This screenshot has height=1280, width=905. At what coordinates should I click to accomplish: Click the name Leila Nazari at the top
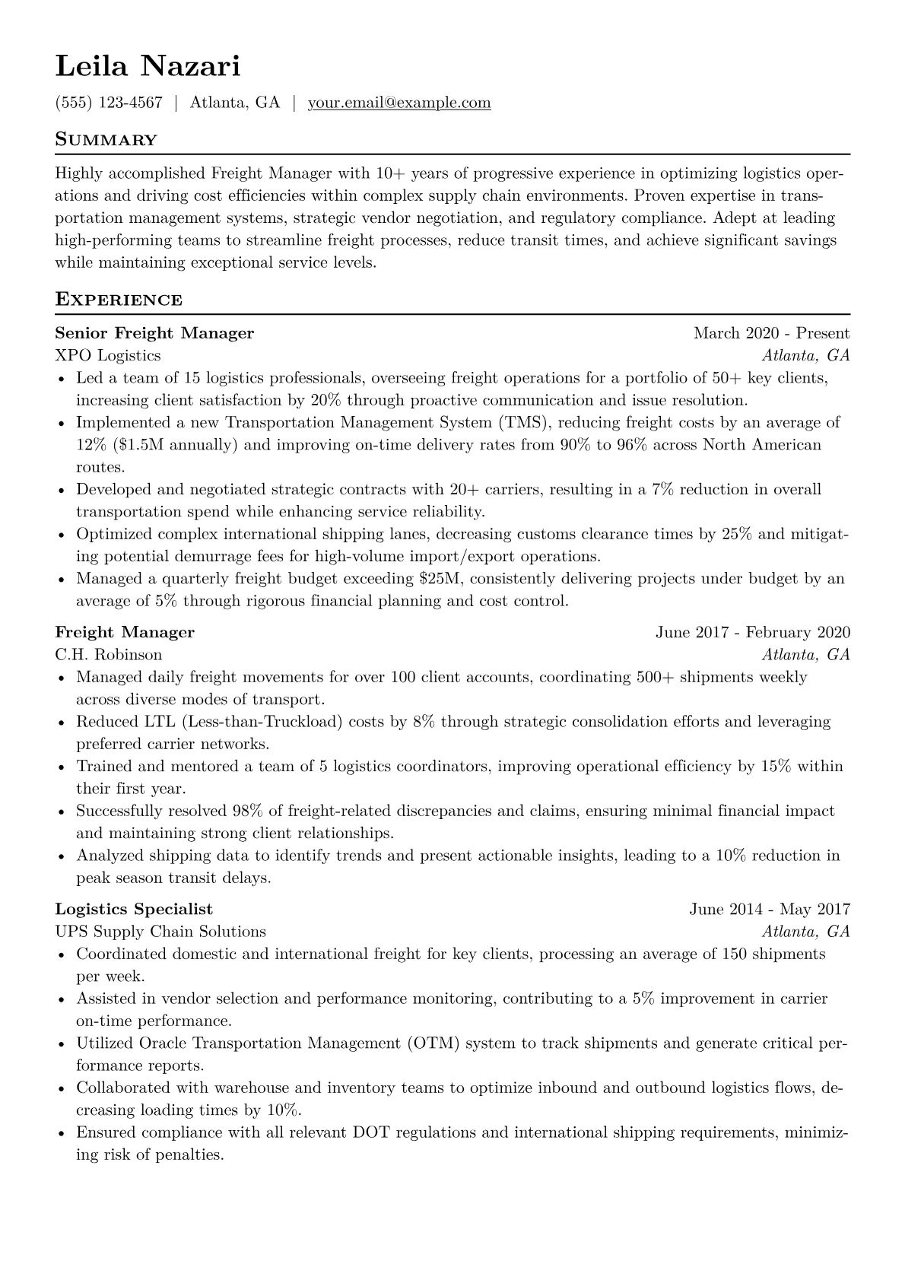coord(148,67)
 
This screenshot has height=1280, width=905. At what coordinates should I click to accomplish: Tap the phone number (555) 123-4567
coord(109,103)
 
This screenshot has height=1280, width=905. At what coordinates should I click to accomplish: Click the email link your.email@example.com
coord(399,103)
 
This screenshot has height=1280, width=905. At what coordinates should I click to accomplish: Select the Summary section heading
coord(106,140)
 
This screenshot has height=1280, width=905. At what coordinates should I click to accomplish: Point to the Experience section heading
coord(119,300)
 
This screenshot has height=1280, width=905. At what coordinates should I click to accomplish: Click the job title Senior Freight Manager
coord(154,333)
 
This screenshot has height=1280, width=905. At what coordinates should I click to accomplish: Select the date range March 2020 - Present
coord(771,333)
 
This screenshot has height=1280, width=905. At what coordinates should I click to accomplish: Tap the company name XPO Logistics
coord(108,355)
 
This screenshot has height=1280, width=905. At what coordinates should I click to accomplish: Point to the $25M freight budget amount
coord(440,579)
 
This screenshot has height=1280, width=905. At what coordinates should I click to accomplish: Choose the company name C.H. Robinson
coord(108,655)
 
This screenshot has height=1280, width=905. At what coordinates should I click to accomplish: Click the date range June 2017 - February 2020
coord(752,633)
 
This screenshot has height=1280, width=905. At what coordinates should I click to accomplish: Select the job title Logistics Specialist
coord(134,910)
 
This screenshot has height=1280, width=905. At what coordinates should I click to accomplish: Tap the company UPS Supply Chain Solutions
coord(160,932)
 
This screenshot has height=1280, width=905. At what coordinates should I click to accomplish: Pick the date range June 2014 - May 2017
coord(770,910)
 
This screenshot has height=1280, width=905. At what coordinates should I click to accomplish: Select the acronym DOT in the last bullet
coord(372,1132)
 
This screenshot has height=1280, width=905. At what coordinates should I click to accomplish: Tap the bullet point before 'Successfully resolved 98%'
coord(61,812)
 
